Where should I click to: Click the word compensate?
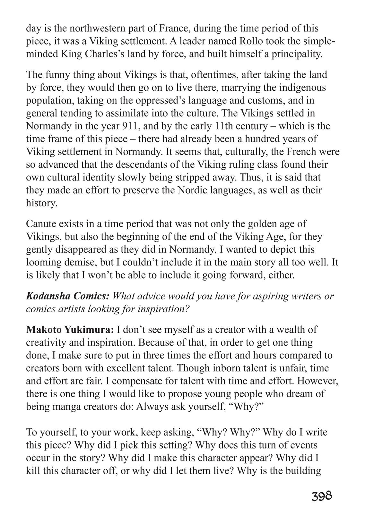tap(138, 381)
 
